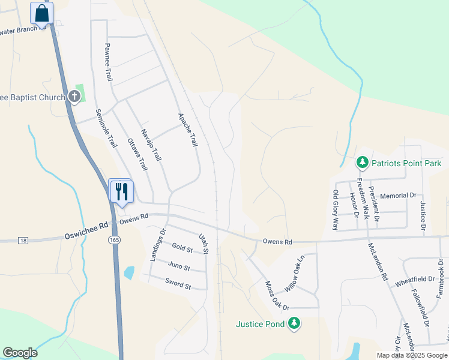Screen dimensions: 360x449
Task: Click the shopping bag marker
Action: tap(41, 13)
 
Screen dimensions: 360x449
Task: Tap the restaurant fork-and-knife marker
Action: tap(121, 191)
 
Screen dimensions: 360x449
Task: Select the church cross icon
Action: tap(74, 96)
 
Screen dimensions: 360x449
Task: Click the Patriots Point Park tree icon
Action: tap(362, 163)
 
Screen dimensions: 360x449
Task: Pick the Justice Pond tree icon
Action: tap(294, 324)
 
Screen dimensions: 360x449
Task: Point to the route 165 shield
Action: tap(113, 240)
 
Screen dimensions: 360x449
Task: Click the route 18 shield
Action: tap(23, 241)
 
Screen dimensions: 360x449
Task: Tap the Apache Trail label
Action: tap(187, 130)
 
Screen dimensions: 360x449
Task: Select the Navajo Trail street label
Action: tap(151, 145)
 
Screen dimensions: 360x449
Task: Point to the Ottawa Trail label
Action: tap(137, 155)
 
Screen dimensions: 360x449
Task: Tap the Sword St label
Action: tap(178, 283)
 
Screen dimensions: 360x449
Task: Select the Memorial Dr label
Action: tap(398, 196)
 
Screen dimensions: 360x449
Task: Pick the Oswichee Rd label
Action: tap(86, 229)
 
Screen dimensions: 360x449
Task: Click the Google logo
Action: tap(20, 353)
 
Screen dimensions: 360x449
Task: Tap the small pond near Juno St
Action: tap(129, 273)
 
